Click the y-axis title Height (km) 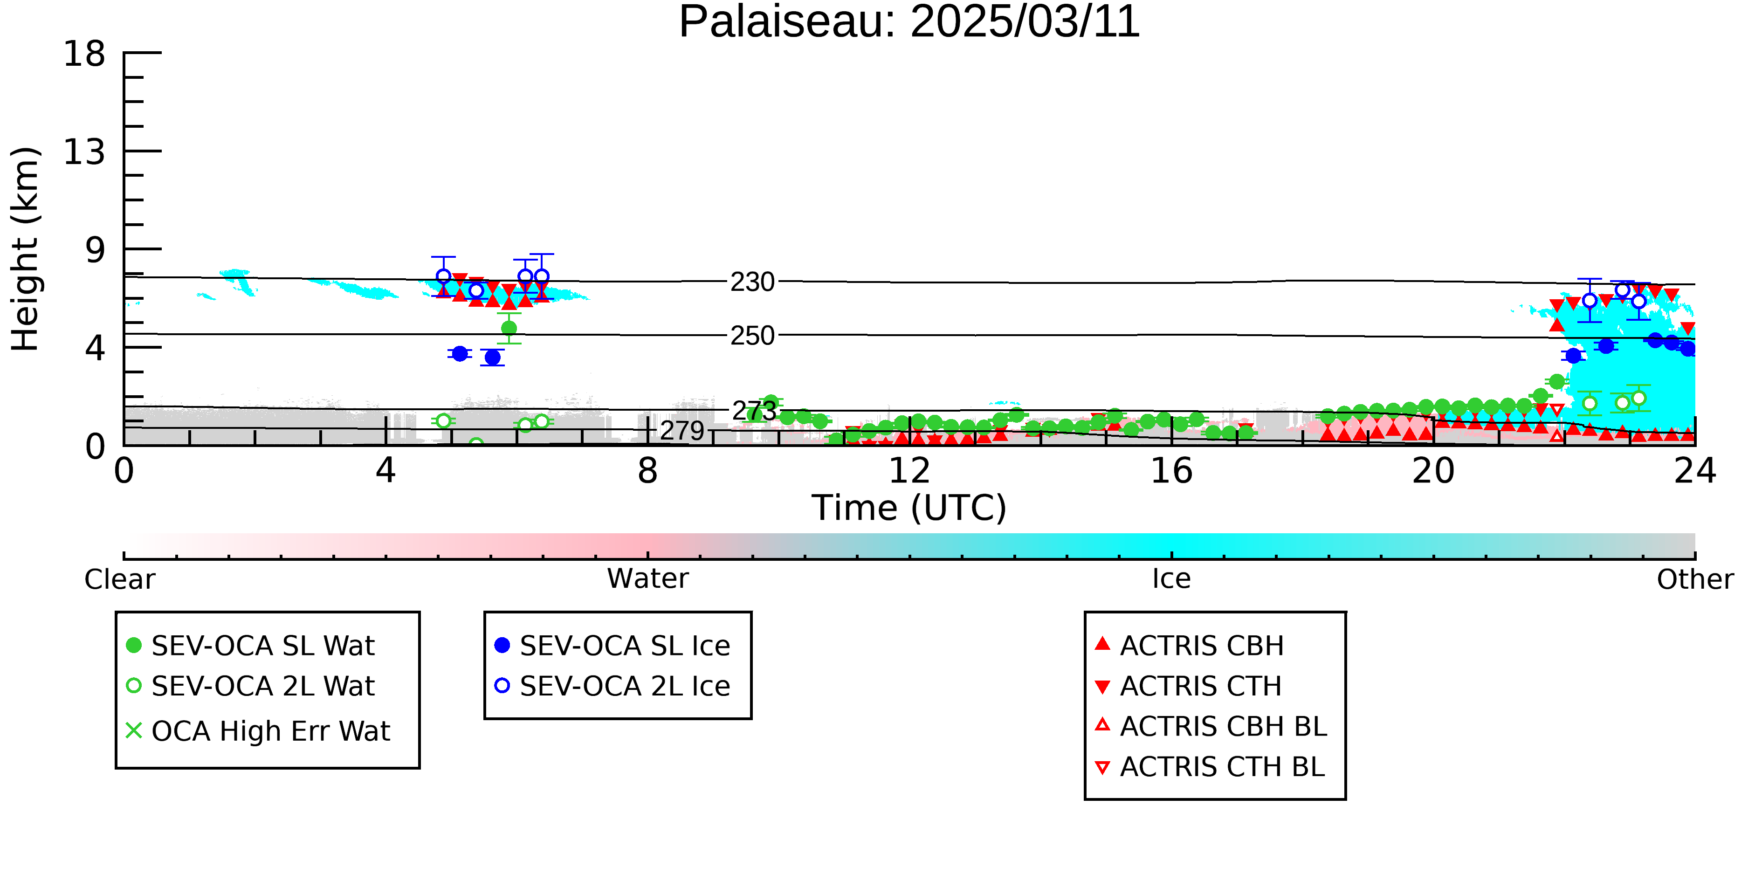pos(25,249)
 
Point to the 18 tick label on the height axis pos(84,54)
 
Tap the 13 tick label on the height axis pos(84,152)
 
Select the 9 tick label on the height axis pos(96,250)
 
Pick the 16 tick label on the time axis pos(1171,470)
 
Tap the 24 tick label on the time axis pos(1695,470)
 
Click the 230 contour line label pos(752,282)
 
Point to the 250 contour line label pos(752,335)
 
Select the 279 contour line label pos(682,430)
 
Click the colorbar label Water pos(648,579)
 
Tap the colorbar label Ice pos(1171,579)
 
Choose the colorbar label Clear pos(119,579)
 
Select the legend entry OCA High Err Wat pos(258,731)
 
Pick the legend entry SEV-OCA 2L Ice pos(613,686)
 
